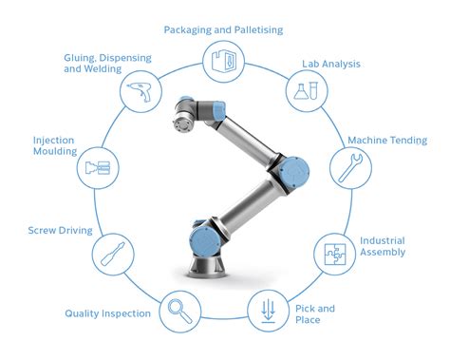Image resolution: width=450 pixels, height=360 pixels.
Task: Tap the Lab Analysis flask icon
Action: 305,91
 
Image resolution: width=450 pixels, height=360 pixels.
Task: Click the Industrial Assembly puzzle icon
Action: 332,251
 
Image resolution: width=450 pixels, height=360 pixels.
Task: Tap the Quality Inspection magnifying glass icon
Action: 178,310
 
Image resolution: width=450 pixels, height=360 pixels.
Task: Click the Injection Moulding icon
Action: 97,168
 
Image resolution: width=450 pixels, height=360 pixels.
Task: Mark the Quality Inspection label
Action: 108,313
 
